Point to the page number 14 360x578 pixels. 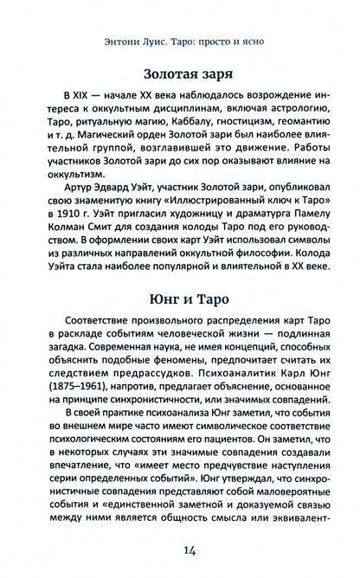point(179,549)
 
